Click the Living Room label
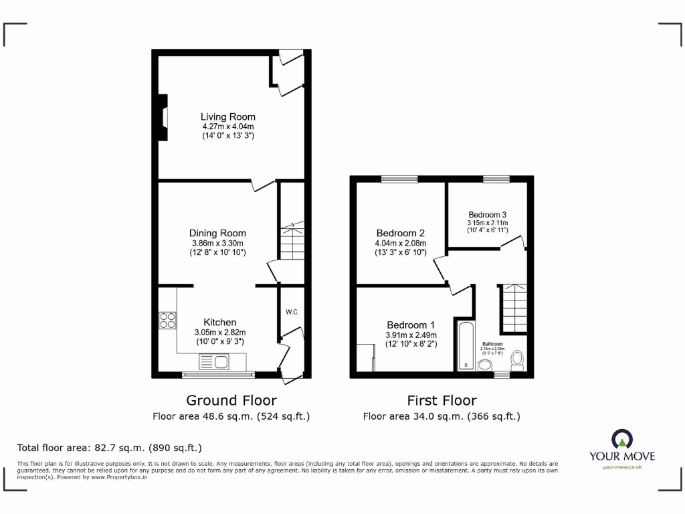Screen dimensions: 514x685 click(228, 116)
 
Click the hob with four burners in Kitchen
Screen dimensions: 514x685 click(167, 321)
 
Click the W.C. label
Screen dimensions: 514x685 click(292, 312)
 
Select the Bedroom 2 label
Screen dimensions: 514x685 click(400, 233)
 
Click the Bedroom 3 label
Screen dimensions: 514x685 click(487, 215)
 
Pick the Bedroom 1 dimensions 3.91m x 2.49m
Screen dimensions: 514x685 click(411, 335)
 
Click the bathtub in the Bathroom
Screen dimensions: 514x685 click(464, 345)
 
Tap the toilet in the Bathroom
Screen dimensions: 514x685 click(516, 361)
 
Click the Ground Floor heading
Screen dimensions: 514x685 click(231, 400)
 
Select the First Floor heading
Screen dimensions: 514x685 click(442, 400)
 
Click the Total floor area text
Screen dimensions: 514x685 click(109, 448)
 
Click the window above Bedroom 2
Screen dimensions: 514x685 click(399, 179)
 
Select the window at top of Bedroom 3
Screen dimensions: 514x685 click(496, 179)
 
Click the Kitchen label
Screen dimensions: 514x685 click(220, 323)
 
